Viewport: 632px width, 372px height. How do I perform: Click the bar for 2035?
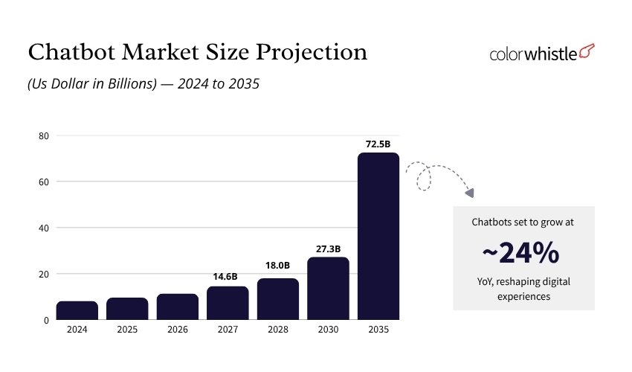(x=378, y=236)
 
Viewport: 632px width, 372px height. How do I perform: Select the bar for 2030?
(x=328, y=288)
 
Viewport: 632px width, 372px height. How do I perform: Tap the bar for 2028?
(x=278, y=299)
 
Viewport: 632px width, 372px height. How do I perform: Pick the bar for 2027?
(x=228, y=303)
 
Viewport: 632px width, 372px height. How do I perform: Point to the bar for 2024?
(x=77, y=310)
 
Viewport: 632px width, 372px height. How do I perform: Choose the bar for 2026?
(x=177, y=307)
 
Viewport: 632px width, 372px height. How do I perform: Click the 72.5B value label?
(x=378, y=143)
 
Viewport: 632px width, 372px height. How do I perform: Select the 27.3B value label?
(x=328, y=248)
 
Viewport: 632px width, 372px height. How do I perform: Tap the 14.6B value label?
(x=228, y=277)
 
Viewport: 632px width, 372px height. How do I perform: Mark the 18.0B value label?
(x=278, y=266)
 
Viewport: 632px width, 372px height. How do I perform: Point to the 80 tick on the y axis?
(x=44, y=135)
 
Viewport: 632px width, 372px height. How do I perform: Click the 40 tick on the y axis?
(x=44, y=228)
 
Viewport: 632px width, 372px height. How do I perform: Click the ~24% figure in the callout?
(x=520, y=254)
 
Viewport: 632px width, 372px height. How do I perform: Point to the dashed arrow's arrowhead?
(x=470, y=193)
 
